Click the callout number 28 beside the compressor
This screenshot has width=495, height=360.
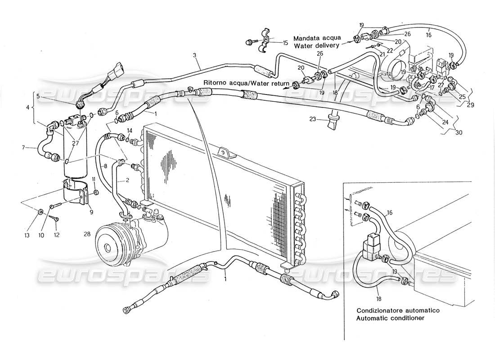click(x=87, y=234)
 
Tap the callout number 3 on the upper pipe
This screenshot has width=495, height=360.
click(x=194, y=55)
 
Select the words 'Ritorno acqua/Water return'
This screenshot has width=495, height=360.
click(x=245, y=83)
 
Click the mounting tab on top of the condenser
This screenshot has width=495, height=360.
click(x=225, y=153)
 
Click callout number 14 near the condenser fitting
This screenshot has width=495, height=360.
click(x=129, y=130)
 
